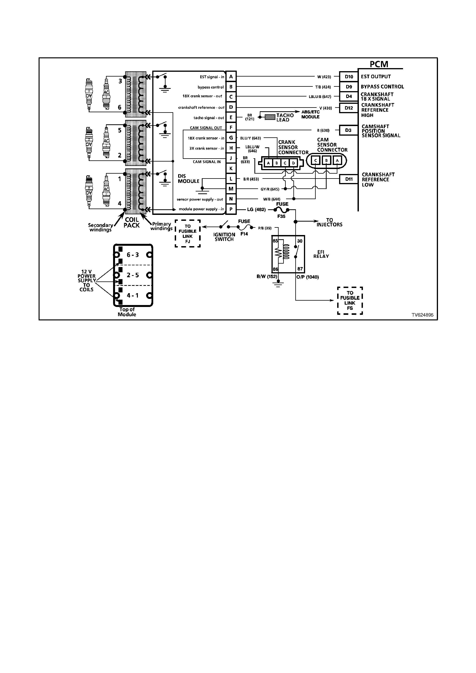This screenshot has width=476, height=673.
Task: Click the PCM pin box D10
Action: point(349,77)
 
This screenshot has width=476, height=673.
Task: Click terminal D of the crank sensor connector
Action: point(293,163)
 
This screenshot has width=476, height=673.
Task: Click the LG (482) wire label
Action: point(256,209)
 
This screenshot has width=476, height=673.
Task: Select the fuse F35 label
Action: point(281,216)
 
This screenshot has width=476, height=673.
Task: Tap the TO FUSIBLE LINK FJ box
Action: point(188,234)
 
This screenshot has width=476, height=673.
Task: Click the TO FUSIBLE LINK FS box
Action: point(350,300)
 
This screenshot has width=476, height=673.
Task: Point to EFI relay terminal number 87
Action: point(300,269)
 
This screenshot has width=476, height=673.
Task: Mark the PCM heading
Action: point(379,64)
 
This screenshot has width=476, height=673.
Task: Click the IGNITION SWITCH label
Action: point(224,237)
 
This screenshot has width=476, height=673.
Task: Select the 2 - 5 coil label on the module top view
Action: point(133,275)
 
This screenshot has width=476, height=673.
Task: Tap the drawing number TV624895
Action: point(422,315)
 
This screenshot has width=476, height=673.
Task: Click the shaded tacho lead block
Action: point(270,117)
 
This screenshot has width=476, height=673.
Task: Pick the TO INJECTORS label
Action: point(329,222)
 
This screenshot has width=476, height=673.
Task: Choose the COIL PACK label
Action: point(132,223)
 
